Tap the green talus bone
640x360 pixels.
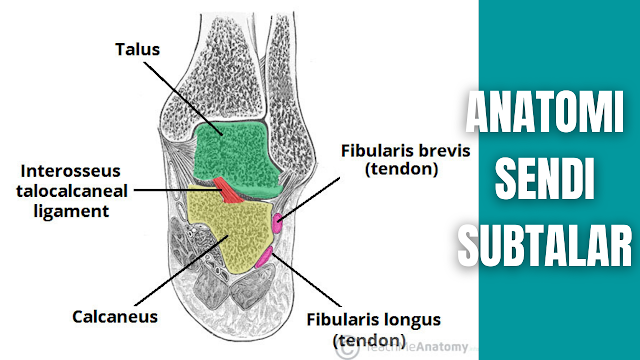[x=235, y=155]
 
